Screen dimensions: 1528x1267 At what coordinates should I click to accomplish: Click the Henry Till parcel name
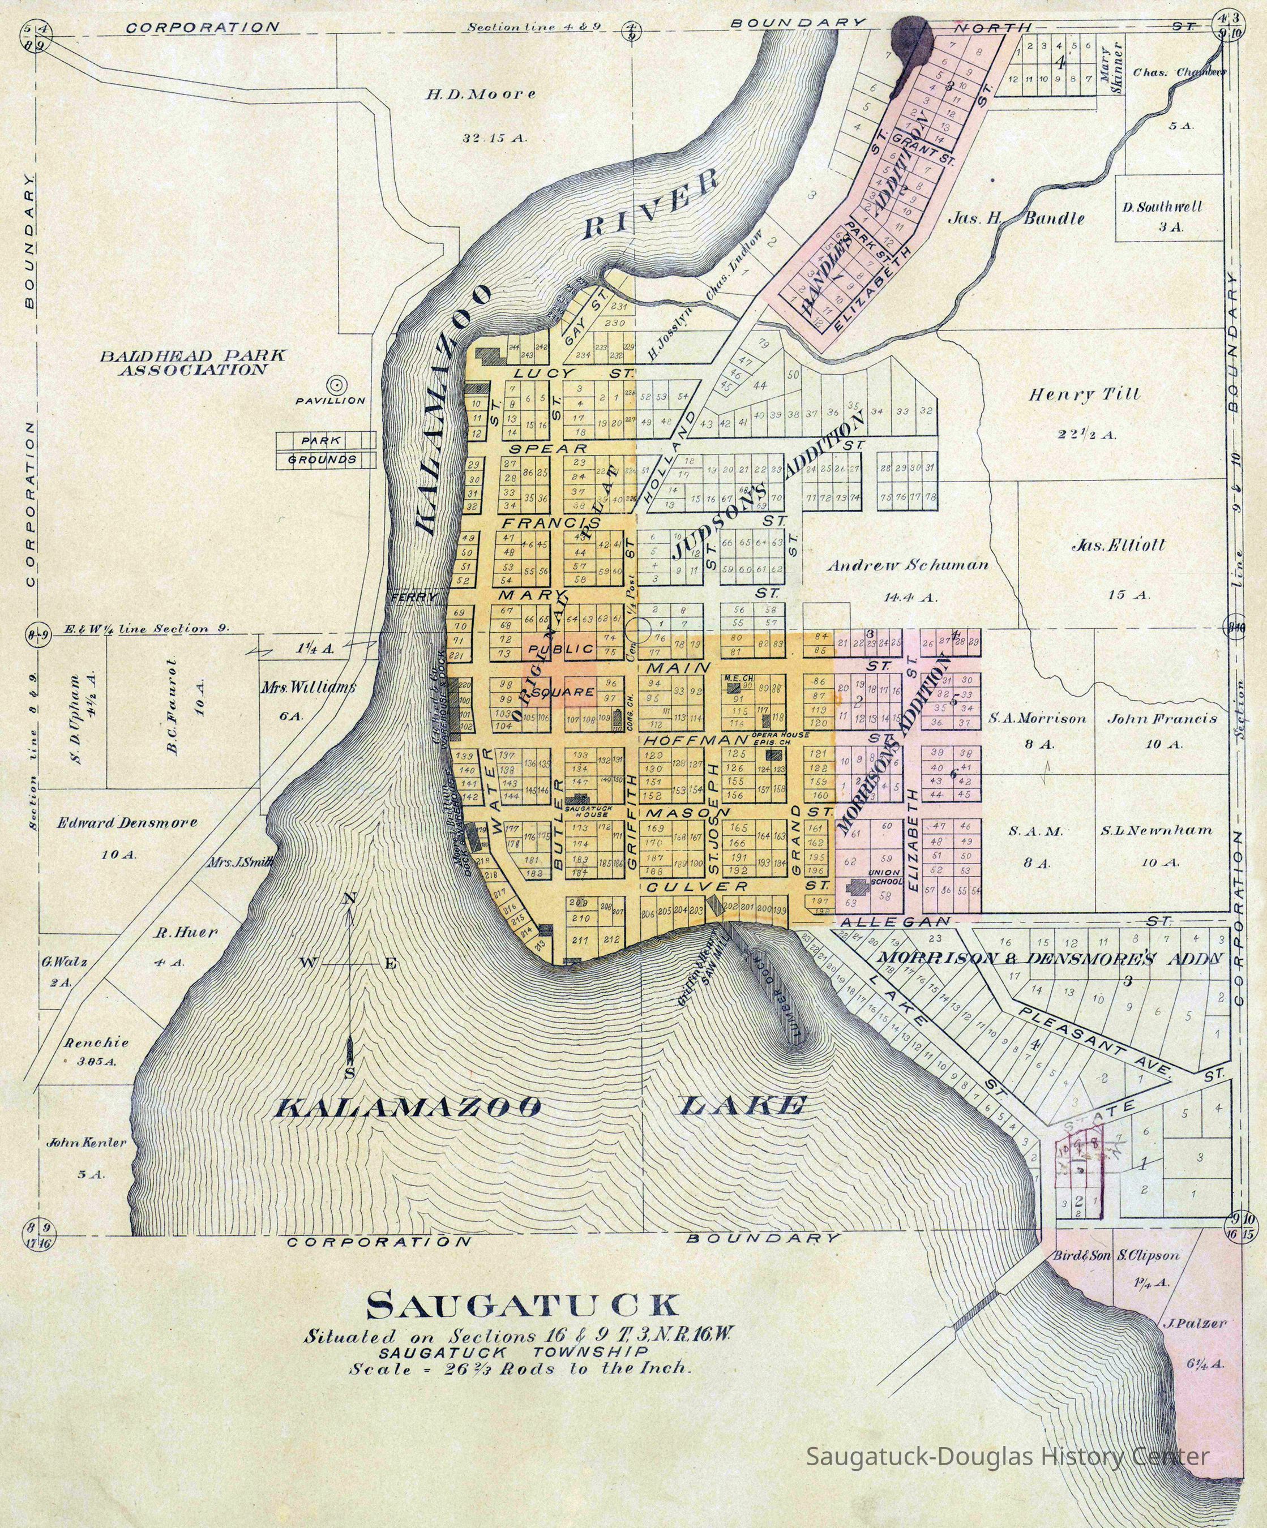click(x=1083, y=395)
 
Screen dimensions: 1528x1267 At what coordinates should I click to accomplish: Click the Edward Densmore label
click(x=127, y=823)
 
